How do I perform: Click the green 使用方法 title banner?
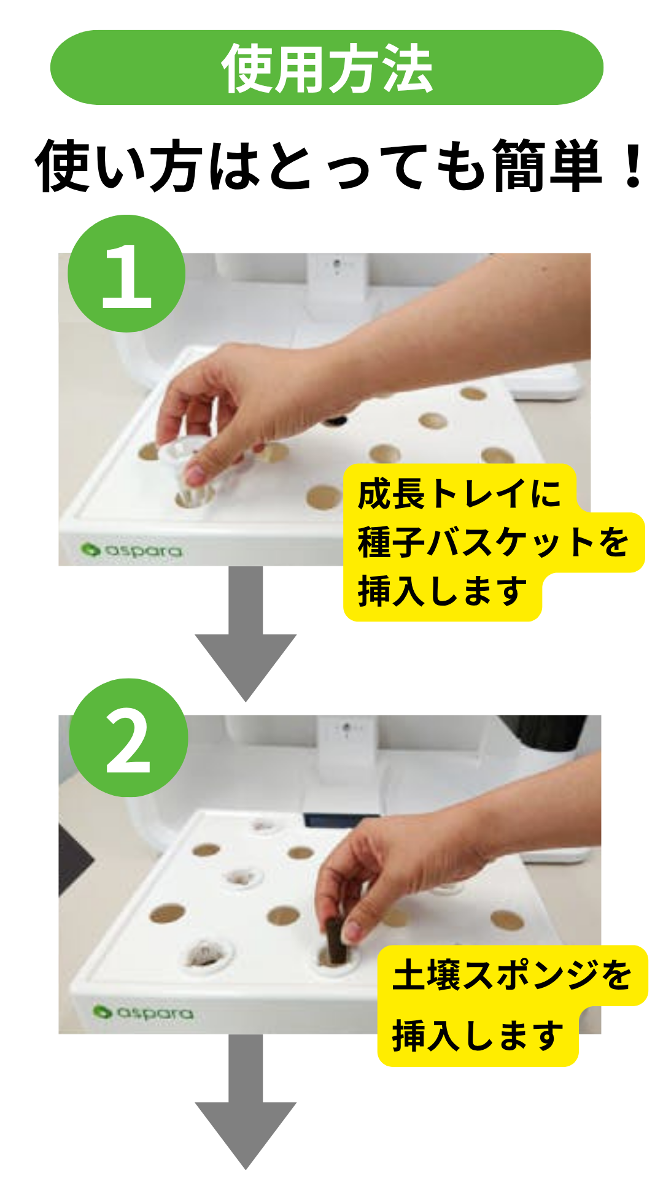327,67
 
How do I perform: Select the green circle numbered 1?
126,274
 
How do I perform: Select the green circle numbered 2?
128,737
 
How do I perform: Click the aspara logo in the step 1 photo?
131,550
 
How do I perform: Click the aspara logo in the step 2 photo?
143,1012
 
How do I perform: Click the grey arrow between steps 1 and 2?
246,632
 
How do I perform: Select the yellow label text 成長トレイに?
459,494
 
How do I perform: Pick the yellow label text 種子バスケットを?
493,542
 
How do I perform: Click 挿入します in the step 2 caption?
478,1036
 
